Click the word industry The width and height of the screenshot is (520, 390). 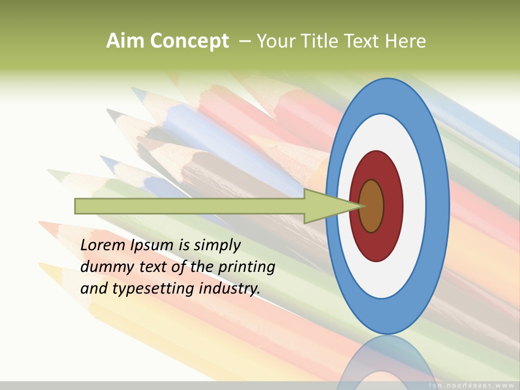(230, 289)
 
